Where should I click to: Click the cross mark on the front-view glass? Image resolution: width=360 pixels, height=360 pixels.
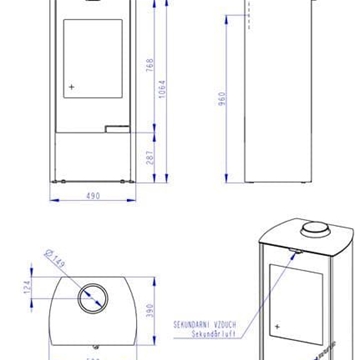pos(71,87)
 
